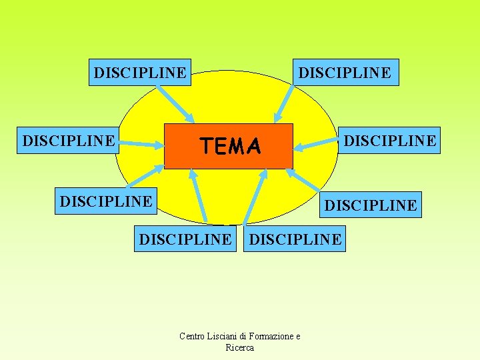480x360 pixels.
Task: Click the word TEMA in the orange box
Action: tap(230, 146)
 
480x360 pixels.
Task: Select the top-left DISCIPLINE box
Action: tap(140, 72)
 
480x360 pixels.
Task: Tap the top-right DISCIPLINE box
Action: tap(345, 72)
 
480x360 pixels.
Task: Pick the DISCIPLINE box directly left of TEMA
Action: tap(69, 141)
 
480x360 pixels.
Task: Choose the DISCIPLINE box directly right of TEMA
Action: tap(390, 140)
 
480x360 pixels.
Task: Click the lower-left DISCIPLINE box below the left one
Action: tap(106, 200)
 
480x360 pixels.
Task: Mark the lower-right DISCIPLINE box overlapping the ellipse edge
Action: tap(371, 205)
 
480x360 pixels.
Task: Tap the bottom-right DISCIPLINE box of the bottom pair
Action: tap(295, 239)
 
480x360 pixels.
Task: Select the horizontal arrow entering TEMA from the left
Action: tap(142, 142)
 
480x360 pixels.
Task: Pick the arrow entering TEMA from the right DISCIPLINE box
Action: tap(317, 143)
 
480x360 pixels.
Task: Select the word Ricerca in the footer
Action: tap(240, 347)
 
